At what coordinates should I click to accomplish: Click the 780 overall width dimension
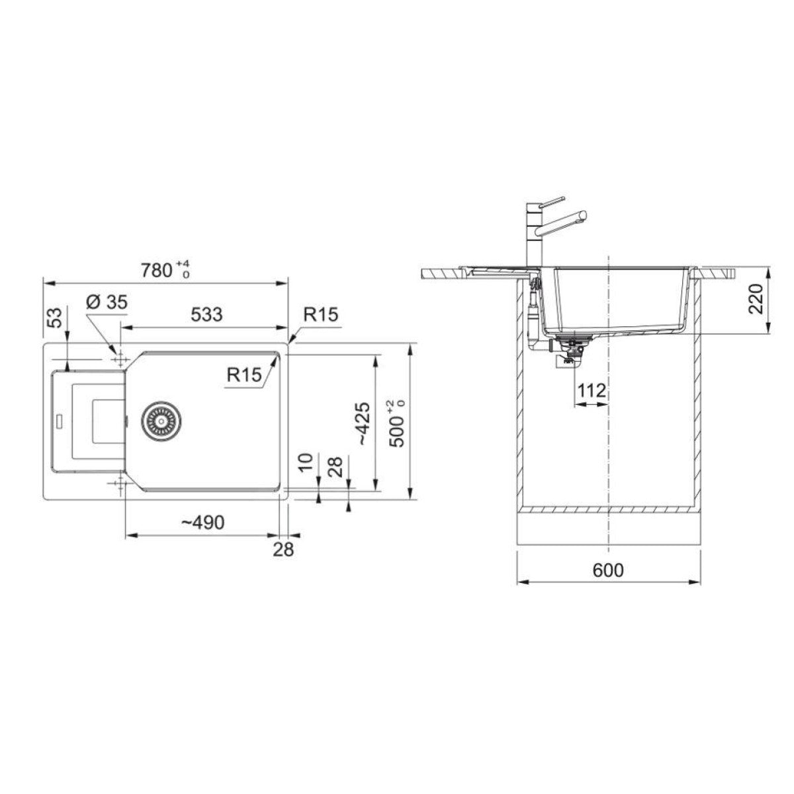pos(165,271)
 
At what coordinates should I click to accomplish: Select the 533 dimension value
pos(206,314)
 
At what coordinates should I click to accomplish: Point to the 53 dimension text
pos(58,318)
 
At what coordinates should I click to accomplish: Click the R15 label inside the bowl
pos(244,375)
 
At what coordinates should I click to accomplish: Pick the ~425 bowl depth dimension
pos(363,423)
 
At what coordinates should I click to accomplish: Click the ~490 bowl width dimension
pos(203,523)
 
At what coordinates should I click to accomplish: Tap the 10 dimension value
pos(305,463)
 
